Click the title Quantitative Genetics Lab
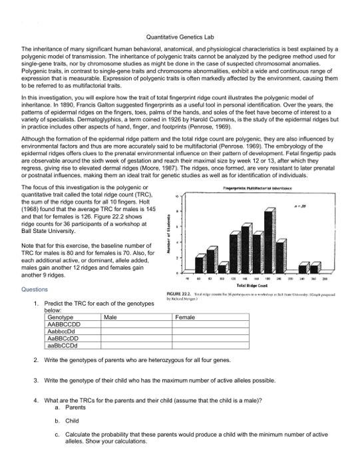180,37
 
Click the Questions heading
35,290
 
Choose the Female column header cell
184,318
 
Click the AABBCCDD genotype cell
65,326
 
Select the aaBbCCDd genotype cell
63,347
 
